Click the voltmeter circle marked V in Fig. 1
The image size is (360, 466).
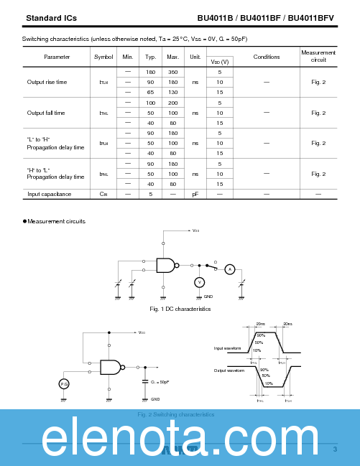point(200,282)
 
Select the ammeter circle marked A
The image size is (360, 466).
point(230,269)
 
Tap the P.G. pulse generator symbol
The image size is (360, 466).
point(64,384)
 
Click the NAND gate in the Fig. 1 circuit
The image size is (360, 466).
point(167,265)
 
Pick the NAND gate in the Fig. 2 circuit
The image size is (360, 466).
point(111,367)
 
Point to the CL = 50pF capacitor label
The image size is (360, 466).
point(160,382)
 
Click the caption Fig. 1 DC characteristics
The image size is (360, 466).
point(180,309)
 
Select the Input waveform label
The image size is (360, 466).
point(229,348)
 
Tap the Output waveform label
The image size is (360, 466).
point(229,371)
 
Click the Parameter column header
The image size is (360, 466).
point(57,57)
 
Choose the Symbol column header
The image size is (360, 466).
point(103,57)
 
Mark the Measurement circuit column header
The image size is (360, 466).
point(318,56)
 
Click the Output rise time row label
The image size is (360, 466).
point(47,82)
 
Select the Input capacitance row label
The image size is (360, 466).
point(49,194)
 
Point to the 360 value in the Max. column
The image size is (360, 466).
point(172,72)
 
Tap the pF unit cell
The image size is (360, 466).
point(195,194)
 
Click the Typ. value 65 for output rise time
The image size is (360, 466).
point(150,92)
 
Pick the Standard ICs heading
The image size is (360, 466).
point(51,18)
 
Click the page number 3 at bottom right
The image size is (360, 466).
point(335,449)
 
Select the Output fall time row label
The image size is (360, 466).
point(46,113)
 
